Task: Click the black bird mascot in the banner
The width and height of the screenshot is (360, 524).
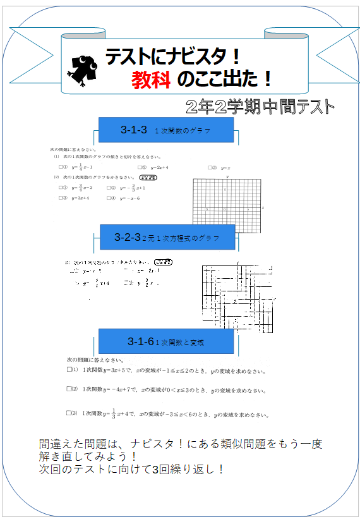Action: click(82, 68)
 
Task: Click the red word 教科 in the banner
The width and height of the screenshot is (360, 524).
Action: click(152, 79)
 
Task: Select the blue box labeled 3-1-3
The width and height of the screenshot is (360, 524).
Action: click(166, 130)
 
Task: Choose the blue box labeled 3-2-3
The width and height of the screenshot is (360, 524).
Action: click(167, 238)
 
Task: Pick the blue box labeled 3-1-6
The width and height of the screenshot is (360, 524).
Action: click(166, 342)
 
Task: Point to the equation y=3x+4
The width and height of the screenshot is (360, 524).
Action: click(80, 198)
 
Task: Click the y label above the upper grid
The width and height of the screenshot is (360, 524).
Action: click(225, 177)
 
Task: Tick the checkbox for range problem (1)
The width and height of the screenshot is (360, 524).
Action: click(68, 370)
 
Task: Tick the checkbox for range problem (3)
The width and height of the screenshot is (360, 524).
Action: click(68, 413)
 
